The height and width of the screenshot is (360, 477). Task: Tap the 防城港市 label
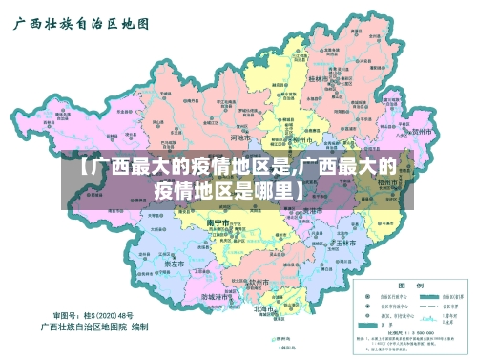218,297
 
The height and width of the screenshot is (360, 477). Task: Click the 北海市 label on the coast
264,309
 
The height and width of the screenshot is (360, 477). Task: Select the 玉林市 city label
344,244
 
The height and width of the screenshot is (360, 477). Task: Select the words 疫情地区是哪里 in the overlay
226,189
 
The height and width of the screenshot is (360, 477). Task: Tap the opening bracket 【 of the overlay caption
83,166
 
